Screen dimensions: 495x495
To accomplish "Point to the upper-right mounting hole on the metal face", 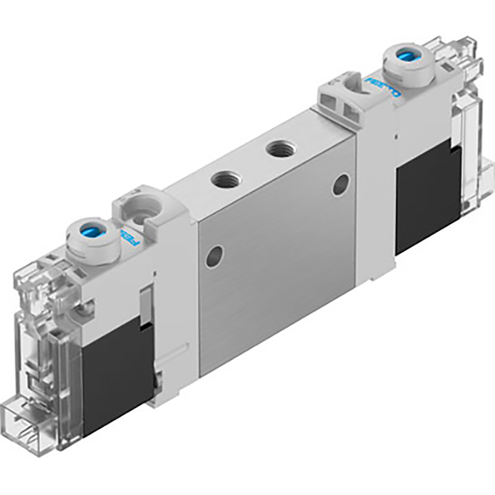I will point(340,185).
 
